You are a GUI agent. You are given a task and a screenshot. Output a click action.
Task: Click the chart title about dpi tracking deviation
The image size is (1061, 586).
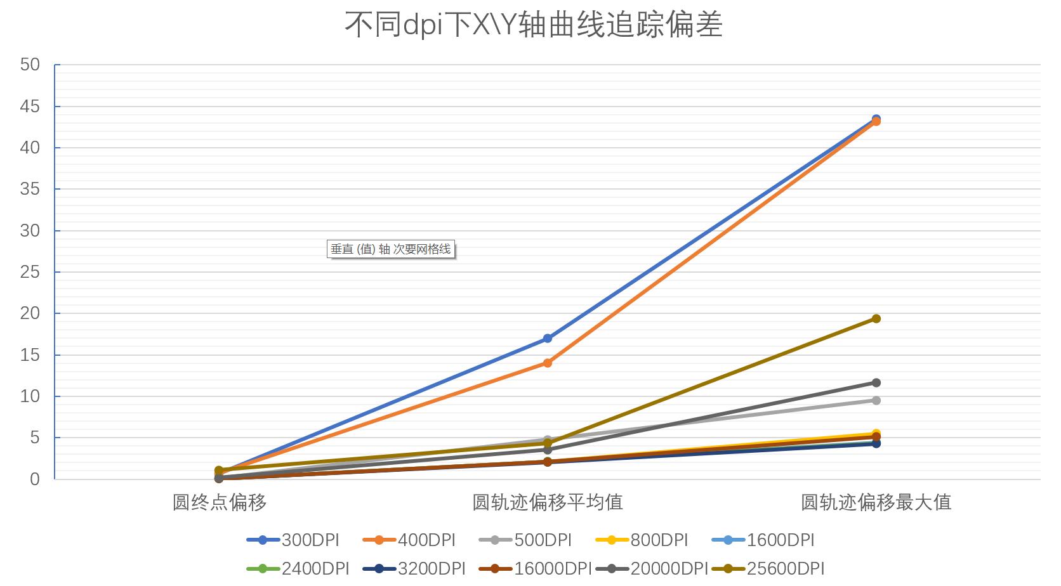533,24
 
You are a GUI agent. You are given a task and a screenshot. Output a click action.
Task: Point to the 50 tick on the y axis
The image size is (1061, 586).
30,65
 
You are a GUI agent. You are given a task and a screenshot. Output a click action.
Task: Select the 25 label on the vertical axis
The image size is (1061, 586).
30,272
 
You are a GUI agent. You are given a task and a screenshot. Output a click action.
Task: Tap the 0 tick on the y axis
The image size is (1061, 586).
34,479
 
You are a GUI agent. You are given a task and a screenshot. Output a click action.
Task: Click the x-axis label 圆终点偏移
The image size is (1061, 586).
220,502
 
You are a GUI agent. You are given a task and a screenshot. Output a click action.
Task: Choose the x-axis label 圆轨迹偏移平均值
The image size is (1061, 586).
548,502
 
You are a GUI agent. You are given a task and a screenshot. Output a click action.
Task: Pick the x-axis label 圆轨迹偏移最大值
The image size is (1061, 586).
876,502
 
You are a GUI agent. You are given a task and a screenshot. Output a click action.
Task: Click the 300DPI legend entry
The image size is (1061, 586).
293,540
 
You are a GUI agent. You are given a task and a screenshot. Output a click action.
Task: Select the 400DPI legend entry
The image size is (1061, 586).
409,540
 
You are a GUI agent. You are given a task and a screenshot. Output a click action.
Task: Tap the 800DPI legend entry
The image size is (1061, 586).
642,540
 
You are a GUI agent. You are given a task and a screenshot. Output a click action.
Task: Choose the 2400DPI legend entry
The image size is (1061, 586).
298,568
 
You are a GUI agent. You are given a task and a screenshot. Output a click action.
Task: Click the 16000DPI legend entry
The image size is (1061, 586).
535,568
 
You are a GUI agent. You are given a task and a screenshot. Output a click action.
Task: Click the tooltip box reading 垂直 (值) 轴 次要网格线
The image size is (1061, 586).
391,249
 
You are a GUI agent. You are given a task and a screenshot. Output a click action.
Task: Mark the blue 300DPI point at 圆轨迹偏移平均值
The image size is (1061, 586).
548,339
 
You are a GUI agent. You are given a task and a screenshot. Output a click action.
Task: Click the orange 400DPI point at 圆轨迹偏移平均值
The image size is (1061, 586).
548,363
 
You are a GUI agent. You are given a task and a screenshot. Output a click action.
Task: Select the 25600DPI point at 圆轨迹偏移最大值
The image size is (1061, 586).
876,318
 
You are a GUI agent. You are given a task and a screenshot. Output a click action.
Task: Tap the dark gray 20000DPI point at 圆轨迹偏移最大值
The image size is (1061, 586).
876,382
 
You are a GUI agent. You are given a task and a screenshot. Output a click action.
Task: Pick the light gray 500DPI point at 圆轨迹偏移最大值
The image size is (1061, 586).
876,400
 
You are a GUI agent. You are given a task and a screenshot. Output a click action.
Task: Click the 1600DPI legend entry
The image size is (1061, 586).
763,540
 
